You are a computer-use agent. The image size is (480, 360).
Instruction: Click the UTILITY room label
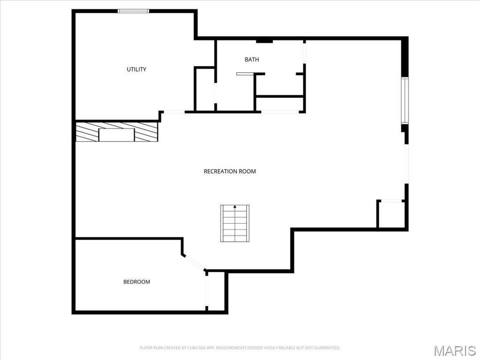pos(136,69)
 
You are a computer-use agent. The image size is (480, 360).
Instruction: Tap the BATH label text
pos(252,60)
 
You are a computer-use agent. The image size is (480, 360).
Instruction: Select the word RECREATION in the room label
pos(220,172)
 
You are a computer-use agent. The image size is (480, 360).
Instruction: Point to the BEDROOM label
pos(136,282)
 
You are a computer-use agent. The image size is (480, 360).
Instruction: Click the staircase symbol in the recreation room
pos(235,224)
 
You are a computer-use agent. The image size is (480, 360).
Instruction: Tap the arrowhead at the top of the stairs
pos(235,206)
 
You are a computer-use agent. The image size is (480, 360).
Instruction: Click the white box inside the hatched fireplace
pos(116,135)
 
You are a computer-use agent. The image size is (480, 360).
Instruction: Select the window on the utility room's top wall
pos(133,11)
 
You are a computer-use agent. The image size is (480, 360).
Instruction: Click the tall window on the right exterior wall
pos(405,100)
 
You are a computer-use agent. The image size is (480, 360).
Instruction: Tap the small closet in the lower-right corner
pos(391,215)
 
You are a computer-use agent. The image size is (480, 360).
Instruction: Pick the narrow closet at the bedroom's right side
pos(216,291)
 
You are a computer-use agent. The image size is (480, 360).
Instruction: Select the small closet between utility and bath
pos(204,89)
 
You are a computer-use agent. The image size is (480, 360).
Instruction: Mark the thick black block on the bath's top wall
pos(264,41)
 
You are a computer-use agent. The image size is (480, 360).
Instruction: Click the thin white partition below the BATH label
pos(244,74)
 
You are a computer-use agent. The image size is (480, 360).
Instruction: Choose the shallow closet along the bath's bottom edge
pos(280,104)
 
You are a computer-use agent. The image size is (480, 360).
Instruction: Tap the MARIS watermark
pos(454,351)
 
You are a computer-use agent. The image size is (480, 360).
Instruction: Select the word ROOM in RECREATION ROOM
pos(247,172)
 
